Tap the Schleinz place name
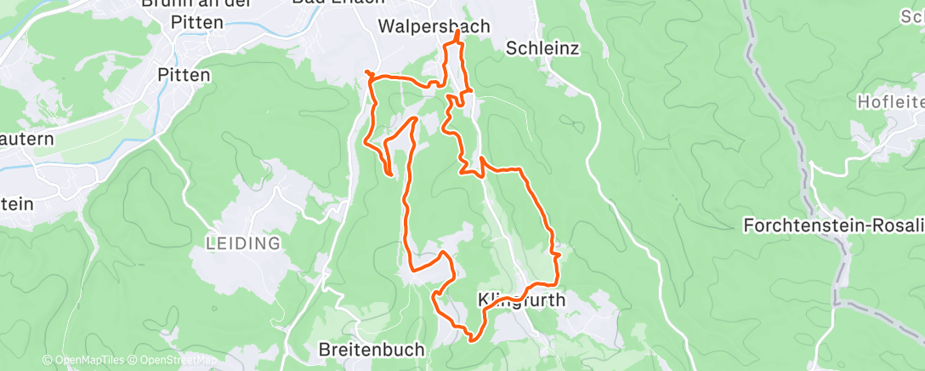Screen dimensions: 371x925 click(x=542, y=49)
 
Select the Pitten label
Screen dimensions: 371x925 click(x=184, y=75)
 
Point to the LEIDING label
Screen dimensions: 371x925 click(x=244, y=243)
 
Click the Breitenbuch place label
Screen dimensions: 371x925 click(x=371, y=349)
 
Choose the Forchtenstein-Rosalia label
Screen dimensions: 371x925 click(x=832, y=225)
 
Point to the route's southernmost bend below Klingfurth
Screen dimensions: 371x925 click(x=473, y=340)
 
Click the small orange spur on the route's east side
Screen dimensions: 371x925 click(x=558, y=253)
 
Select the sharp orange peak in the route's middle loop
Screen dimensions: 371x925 click(x=414, y=118)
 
